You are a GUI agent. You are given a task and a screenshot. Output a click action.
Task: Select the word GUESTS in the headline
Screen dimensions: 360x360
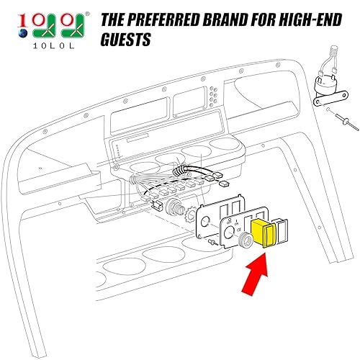click(x=126, y=40)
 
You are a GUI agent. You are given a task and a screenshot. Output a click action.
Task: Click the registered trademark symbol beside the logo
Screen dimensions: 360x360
click(x=89, y=12)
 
